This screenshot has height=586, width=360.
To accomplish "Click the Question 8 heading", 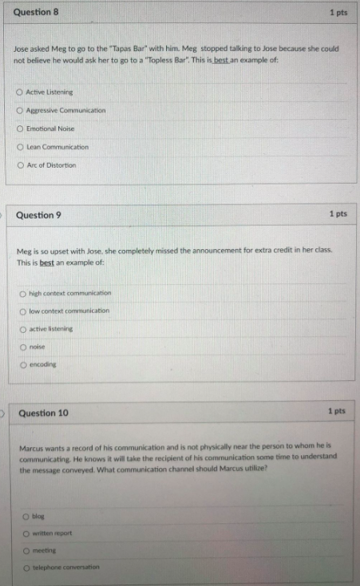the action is (x=36, y=13).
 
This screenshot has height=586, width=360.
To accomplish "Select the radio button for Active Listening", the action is (x=19, y=93).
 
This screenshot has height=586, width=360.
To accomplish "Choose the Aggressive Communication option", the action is (x=19, y=110).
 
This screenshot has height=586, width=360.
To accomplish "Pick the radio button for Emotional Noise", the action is (x=19, y=129).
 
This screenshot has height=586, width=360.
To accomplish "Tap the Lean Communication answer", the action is (x=19, y=147).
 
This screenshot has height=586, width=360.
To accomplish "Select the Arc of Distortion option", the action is (x=19, y=165).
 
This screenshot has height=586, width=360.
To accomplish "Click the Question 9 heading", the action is (x=38, y=216).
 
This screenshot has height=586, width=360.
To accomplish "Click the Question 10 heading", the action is (x=43, y=413).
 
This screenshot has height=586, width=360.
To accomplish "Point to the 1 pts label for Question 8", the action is (x=338, y=13).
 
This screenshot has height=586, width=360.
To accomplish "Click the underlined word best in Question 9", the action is (x=46, y=263).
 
